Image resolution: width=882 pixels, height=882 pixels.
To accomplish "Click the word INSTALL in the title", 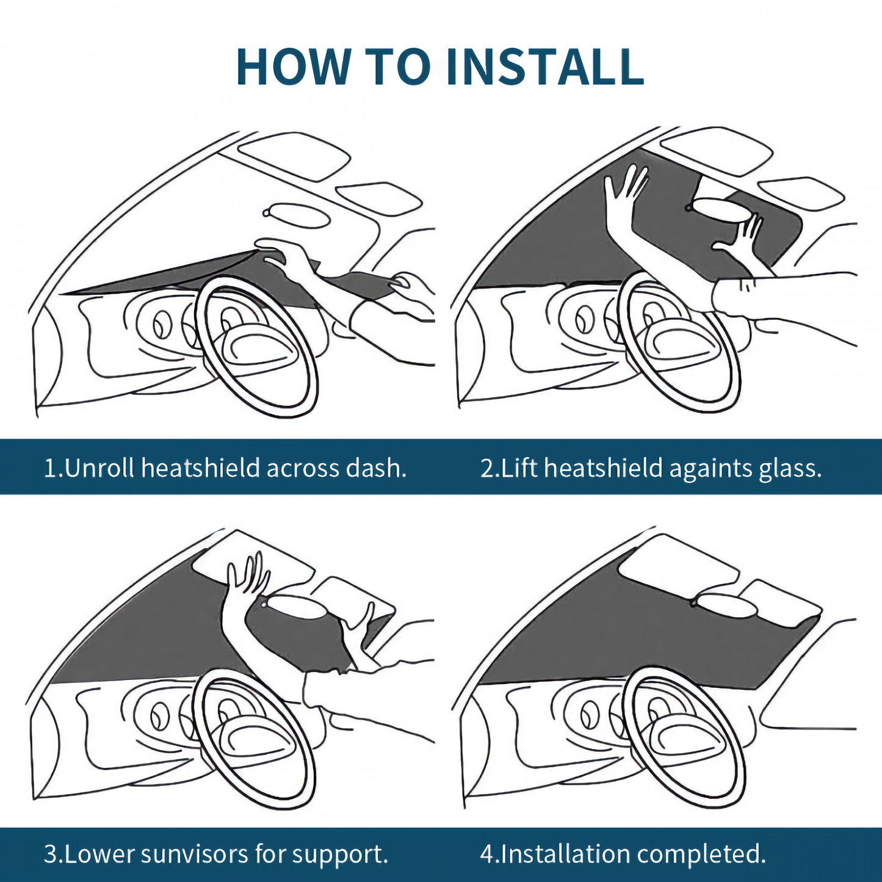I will pyautogui.click(x=545, y=67).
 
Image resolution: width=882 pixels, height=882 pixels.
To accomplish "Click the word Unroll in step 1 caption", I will pyautogui.click(x=100, y=468).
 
